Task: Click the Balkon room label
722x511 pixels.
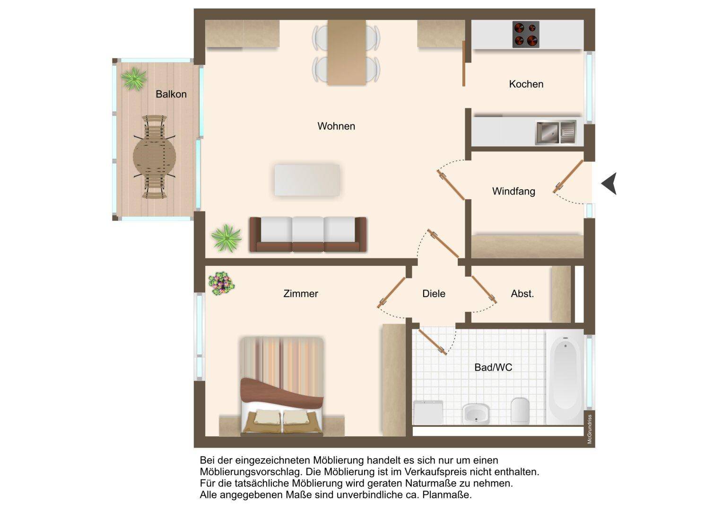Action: point(171,94)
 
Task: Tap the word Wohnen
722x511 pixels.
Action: point(336,126)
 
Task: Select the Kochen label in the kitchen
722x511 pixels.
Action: point(526,84)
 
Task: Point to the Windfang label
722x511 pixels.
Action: point(513,191)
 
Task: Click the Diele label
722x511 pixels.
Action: point(434,293)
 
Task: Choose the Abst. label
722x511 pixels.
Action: point(522,293)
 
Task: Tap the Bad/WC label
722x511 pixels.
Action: point(493,368)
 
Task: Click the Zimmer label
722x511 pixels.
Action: point(301,293)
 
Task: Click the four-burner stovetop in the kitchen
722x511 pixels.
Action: point(526,35)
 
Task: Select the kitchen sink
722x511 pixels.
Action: point(556,132)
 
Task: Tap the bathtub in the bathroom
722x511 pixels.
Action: point(565,377)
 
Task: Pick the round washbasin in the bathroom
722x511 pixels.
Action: point(476,413)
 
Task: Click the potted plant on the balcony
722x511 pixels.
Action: point(134,79)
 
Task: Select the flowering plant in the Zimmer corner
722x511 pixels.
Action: point(221,283)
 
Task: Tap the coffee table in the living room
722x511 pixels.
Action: point(307,180)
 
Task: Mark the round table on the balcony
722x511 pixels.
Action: point(155,157)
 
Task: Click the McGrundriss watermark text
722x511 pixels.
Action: point(590,429)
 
